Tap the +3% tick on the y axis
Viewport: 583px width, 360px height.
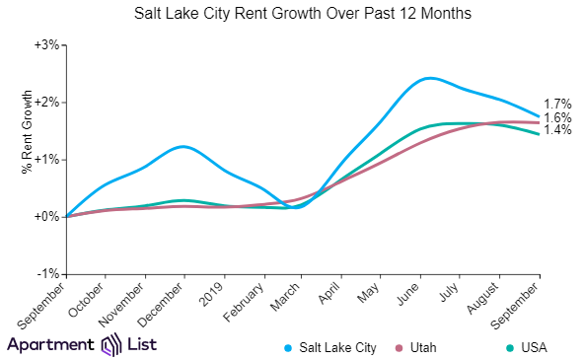[47, 45]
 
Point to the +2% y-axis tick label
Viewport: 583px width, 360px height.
[47, 103]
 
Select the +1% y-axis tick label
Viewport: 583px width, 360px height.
[47, 160]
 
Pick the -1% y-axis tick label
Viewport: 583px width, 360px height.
[49, 273]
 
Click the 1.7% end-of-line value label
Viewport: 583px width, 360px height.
[557, 104]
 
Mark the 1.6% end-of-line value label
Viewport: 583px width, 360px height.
[557, 117]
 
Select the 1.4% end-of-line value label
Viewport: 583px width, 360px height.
[557, 131]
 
